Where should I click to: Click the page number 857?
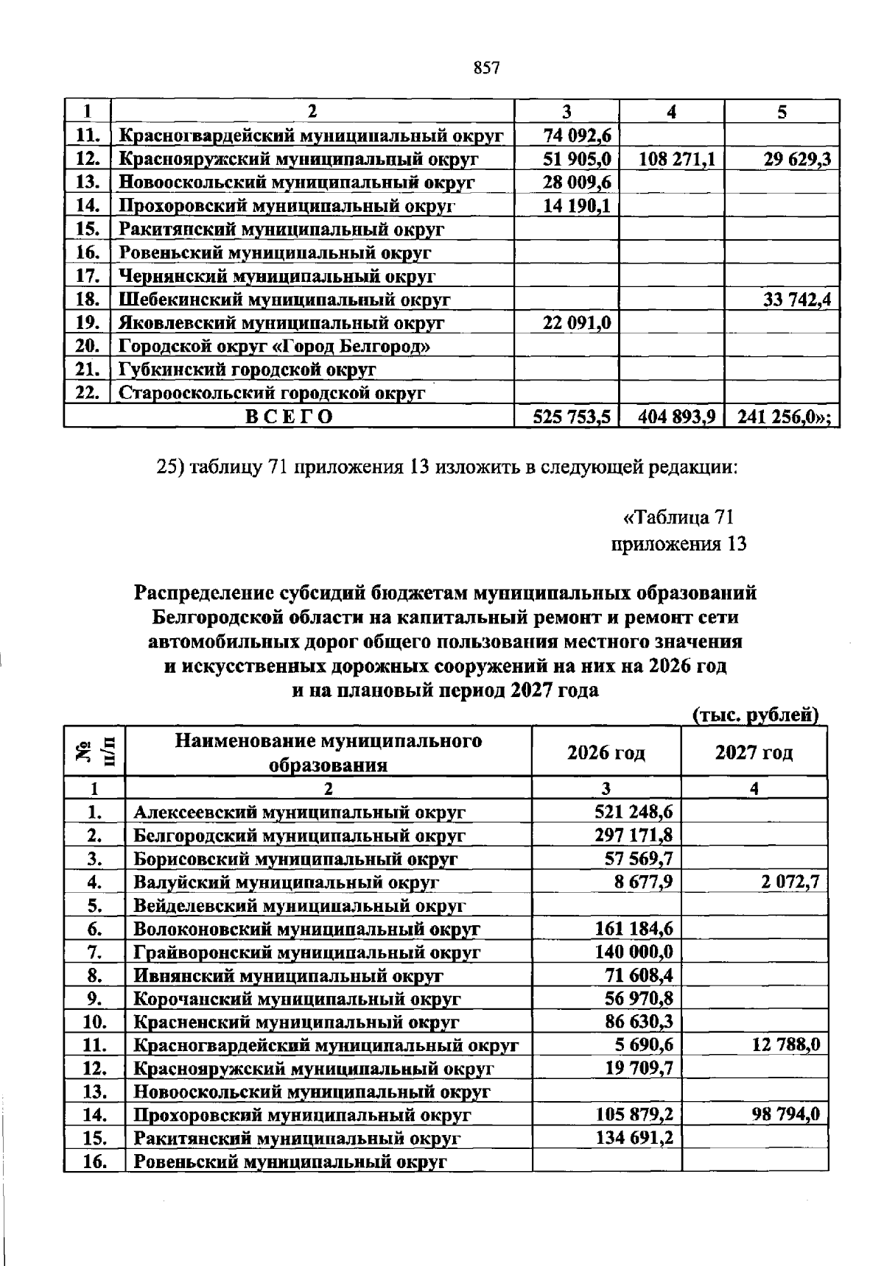coord(487,68)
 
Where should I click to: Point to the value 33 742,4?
coord(790,300)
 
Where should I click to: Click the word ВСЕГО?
coord(289,417)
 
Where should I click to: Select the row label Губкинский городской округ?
coord(248,369)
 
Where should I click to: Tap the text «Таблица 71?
coord(678,517)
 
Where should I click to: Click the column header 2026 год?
coord(606,752)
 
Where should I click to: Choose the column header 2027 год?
coord(754,752)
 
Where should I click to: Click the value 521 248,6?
coord(633,812)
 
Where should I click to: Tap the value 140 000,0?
coord(633,952)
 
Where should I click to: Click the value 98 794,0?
coord(785,1114)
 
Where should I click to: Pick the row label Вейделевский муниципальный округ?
coord(299,905)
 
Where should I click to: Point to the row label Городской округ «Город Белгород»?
coord(275,346)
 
